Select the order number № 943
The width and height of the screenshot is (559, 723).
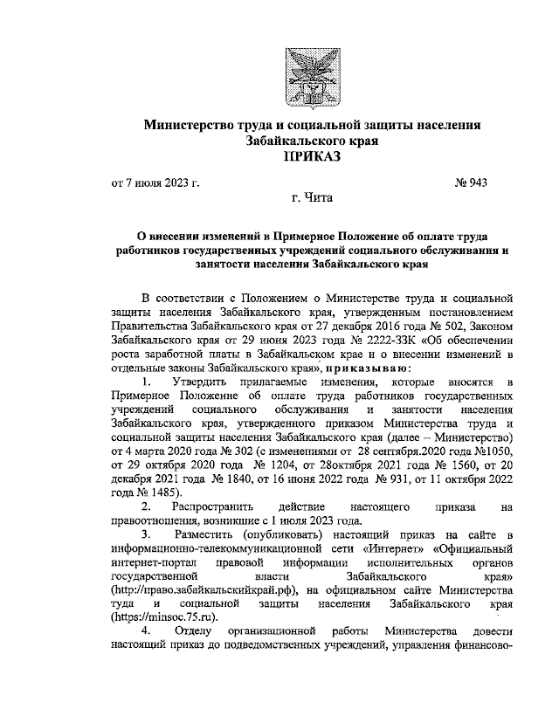pyautogui.click(x=471, y=184)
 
